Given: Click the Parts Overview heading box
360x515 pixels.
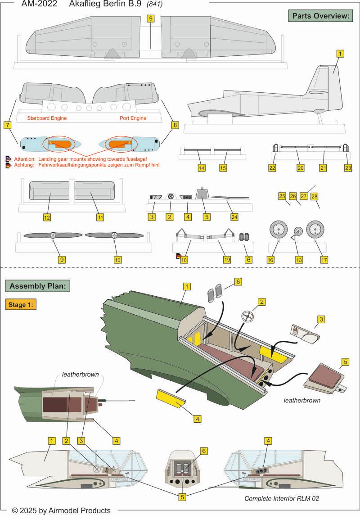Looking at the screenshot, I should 321,16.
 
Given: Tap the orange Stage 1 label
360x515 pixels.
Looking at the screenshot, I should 21,304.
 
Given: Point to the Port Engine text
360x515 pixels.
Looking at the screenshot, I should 133,118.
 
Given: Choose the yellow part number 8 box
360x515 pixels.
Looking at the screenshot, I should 175,125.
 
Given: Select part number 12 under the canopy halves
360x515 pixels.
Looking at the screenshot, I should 47,217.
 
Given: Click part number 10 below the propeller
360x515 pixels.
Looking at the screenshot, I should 117,260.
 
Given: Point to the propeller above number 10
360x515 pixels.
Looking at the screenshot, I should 115,235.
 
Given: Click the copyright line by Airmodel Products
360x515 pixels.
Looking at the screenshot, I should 61,510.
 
